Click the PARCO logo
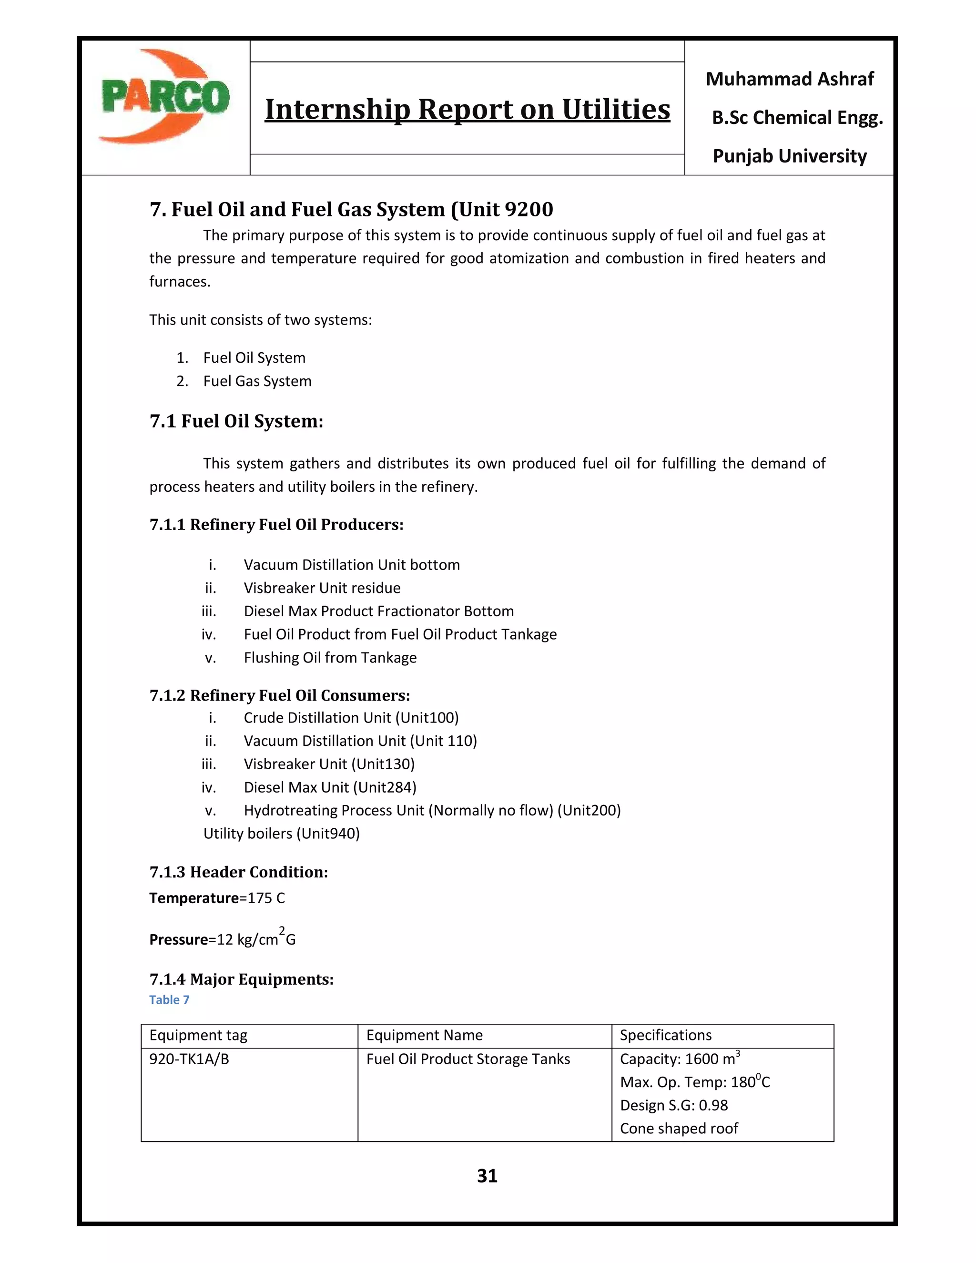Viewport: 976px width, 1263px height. pyautogui.click(x=165, y=97)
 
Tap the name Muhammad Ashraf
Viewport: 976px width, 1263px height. pyautogui.click(x=789, y=79)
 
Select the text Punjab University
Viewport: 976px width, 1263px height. pyautogui.click(x=789, y=156)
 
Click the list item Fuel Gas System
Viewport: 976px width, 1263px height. pyautogui.click(x=257, y=381)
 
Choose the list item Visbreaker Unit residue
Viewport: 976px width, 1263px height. pyautogui.click(x=322, y=588)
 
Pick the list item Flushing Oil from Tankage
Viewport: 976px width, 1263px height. pyautogui.click(x=330, y=658)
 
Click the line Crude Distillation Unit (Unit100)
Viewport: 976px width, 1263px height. pyautogui.click(x=351, y=718)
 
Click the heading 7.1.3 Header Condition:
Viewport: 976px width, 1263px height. pyautogui.click(x=239, y=872)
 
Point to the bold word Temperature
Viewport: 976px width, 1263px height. pyautogui.click(x=193, y=898)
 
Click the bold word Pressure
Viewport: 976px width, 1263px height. pyautogui.click(x=178, y=940)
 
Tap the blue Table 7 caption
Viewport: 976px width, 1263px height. pyautogui.click(x=169, y=1000)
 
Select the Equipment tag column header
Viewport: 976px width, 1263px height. pyautogui.click(x=198, y=1035)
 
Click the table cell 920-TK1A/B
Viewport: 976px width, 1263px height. pyautogui.click(x=189, y=1059)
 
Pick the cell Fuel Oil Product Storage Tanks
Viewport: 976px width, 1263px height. pyautogui.click(x=468, y=1059)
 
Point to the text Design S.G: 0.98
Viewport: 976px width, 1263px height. pyautogui.click(x=673, y=1105)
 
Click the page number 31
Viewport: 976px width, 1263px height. pyautogui.click(x=488, y=1176)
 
